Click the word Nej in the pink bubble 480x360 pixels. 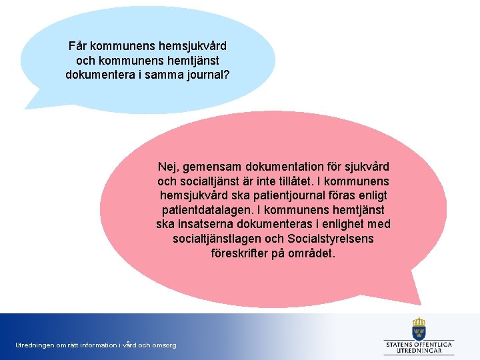[x=167, y=165]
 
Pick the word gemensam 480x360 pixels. [x=211, y=165]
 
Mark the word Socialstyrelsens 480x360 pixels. [x=331, y=239]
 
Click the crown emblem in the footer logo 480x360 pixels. [x=419, y=327]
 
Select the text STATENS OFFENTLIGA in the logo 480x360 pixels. [x=419, y=344]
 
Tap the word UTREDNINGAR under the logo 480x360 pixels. [x=419, y=351]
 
